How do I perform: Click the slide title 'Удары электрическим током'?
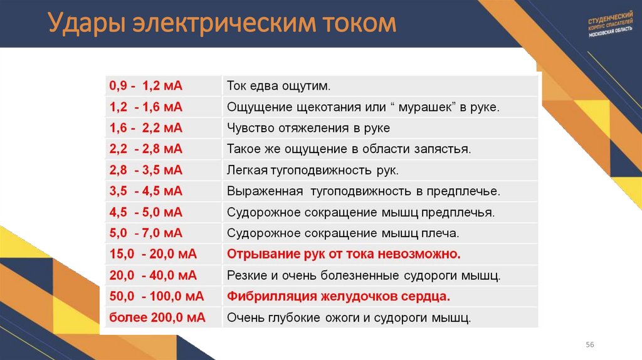pos(223,24)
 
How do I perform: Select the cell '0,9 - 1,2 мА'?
pos(145,85)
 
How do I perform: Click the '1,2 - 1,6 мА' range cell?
pos(145,107)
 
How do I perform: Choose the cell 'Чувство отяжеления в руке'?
pos(308,128)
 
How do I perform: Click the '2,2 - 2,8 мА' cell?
pos(145,149)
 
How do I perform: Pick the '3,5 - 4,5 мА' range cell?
pos(145,191)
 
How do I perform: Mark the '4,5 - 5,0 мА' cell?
pos(145,213)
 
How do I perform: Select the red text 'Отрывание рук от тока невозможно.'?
pos(344,255)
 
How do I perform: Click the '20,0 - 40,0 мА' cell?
pos(153,275)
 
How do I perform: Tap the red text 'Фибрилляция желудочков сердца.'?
pos(339,296)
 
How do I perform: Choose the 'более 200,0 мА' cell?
pos(157,317)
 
